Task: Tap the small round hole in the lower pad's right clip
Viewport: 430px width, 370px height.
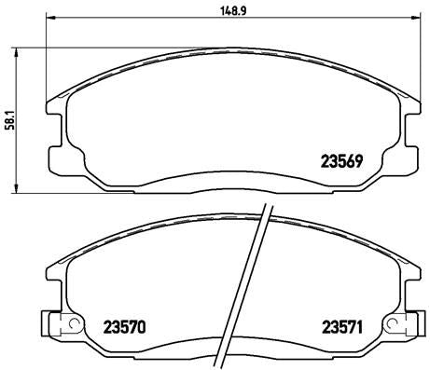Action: coord(402,325)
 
